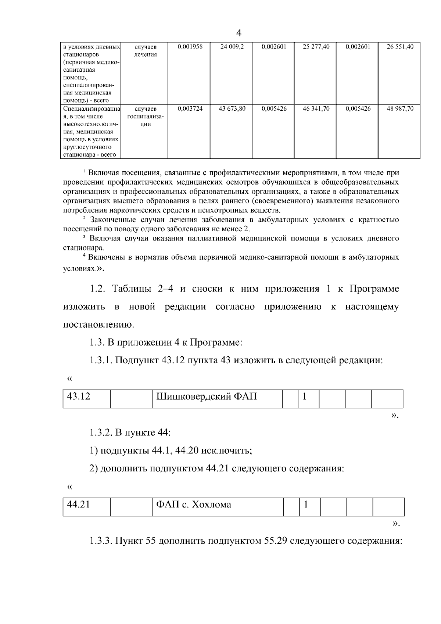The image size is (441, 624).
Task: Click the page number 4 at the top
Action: [239, 33]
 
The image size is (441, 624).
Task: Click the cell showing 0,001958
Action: [190, 47]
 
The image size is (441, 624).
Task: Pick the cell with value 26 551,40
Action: [400, 47]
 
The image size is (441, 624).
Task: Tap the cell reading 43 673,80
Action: [232, 109]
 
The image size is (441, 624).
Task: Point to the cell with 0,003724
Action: [190, 109]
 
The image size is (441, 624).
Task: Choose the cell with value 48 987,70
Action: [400, 109]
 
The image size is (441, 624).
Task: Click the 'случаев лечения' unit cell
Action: [146, 51]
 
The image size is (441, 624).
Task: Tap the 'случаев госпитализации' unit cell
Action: [146, 117]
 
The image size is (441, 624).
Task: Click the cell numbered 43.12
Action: [79, 397]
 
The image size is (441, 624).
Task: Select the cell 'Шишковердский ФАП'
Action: [207, 397]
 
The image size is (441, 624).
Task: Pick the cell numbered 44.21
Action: [78, 504]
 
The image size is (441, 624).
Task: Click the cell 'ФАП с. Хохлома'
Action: [194, 504]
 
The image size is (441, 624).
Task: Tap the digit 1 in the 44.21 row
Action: [305, 504]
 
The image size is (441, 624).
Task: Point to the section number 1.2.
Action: [98, 289]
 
